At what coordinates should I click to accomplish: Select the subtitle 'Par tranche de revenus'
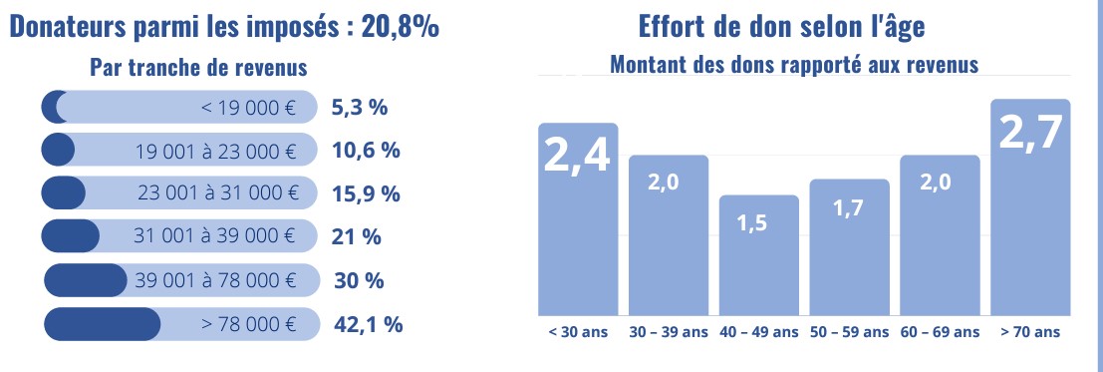click(197, 67)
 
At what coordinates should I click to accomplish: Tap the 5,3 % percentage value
click(360, 107)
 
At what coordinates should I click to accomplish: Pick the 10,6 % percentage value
click(365, 151)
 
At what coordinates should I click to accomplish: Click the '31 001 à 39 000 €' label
click(215, 236)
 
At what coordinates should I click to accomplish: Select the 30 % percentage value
click(359, 280)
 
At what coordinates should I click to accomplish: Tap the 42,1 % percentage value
click(366, 324)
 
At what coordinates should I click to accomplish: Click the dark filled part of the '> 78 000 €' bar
click(103, 324)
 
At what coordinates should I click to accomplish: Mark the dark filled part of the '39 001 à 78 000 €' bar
click(86, 280)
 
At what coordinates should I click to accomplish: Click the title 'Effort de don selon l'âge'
click(774, 27)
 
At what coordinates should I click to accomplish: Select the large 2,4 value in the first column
click(577, 157)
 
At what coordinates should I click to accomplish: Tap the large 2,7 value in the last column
click(1030, 133)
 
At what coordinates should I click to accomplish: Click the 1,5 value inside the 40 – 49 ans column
click(758, 223)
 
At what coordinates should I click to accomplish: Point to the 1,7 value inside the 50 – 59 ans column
click(848, 209)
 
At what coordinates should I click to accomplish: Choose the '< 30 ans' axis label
click(577, 331)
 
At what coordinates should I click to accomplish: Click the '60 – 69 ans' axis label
click(940, 331)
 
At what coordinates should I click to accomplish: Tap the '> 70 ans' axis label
click(1030, 331)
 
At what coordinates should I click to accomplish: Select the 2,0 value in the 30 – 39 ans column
click(668, 185)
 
